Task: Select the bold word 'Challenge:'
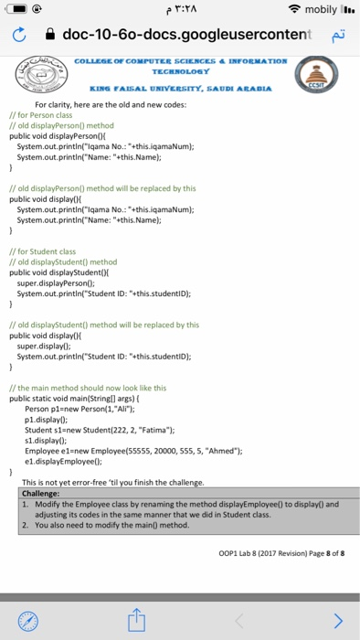click(x=40, y=493)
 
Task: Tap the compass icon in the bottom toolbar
click(x=31, y=620)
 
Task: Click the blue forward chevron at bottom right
click(x=339, y=620)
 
